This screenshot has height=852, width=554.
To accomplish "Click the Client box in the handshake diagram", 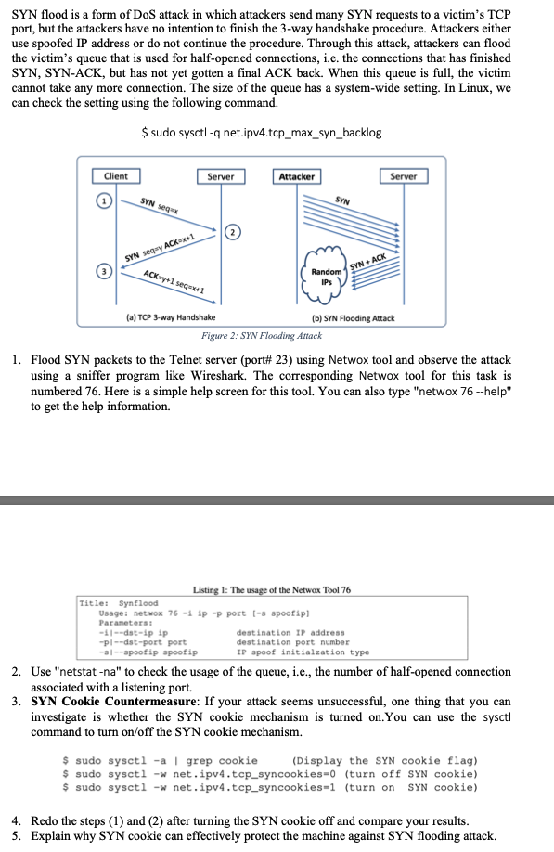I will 116,176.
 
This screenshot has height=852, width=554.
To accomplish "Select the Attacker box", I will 297,176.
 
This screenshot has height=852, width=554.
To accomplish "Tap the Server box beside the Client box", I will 220,176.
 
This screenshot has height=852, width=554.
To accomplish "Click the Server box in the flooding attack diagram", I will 403,176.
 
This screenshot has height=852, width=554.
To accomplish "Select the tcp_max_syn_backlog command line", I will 261,132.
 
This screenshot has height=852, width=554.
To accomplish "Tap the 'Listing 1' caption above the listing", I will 271,590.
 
